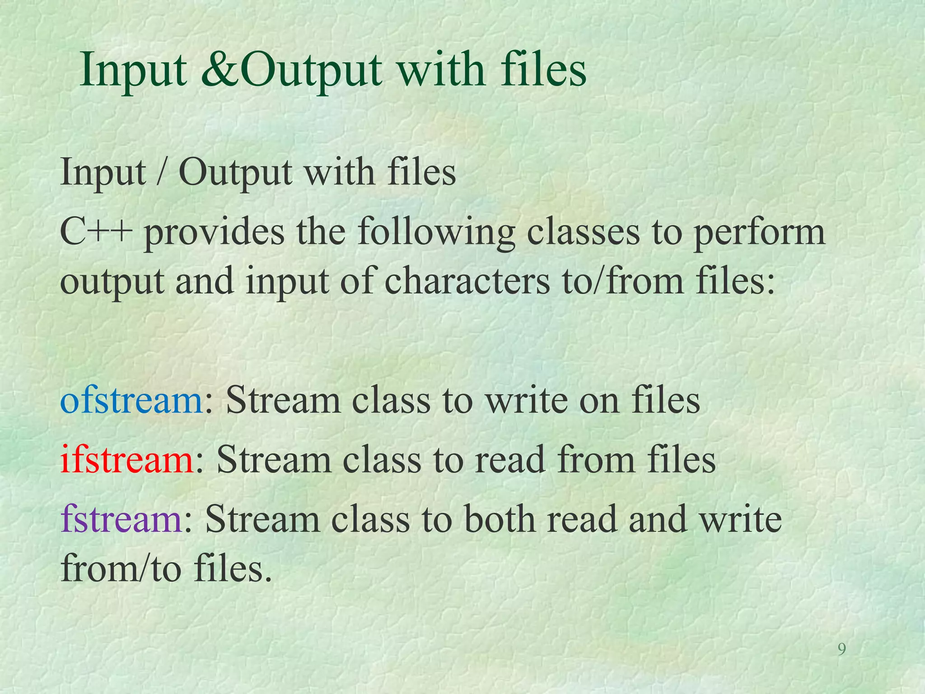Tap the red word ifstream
point(127,460)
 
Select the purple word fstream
point(121,519)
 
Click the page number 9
point(841,650)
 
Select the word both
point(499,519)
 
